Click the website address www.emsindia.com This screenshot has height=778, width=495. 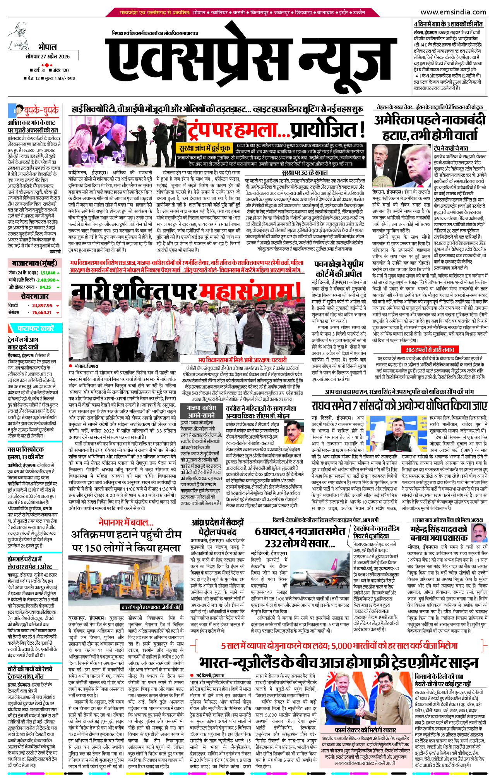pos(453,12)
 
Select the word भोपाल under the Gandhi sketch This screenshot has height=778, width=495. pos(47,47)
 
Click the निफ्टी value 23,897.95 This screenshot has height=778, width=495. pos(42,305)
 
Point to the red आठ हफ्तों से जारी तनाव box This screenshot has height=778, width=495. pos(430,350)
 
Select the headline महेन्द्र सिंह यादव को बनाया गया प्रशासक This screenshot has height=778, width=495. pos(438,533)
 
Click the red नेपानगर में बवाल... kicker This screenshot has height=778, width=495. pos(126,522)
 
